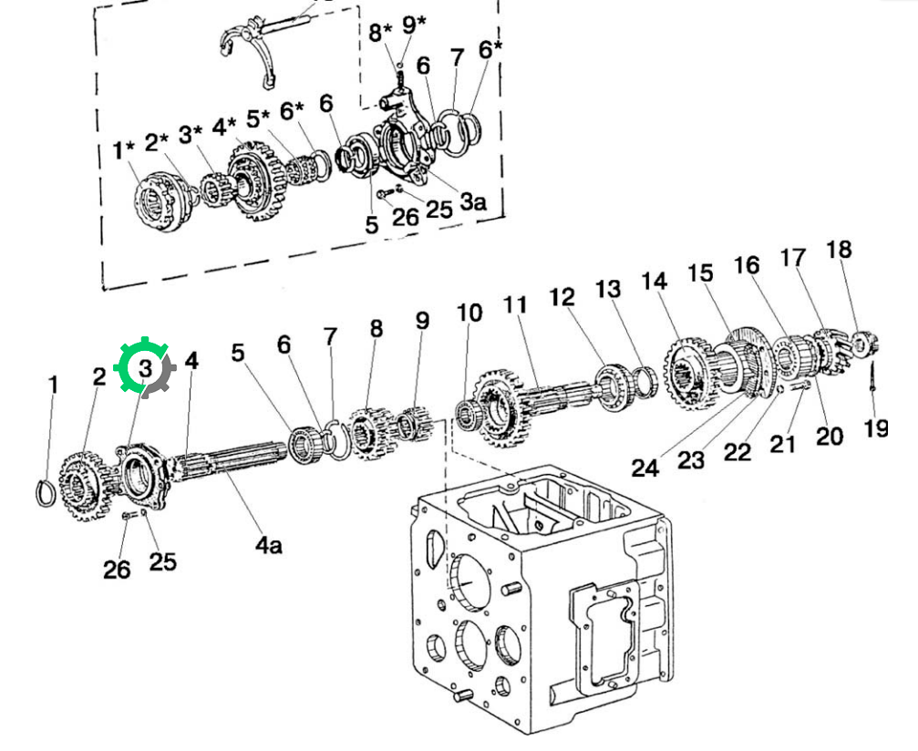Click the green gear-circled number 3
pyautogui.click(x=145, y=368)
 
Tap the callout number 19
pyautogui.click(x=876, y=428)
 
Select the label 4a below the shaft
pyautogui.click(x=269, y=545)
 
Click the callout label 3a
pyautogui.click(x=472, y=201)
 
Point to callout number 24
pyautogui.click(x=645, y=468)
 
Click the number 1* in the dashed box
pyautogui.click(x=124, y=149)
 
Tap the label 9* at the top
pyautogui.click(x=414, y=26)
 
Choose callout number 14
pyautogui.click(x=654, y=282)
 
